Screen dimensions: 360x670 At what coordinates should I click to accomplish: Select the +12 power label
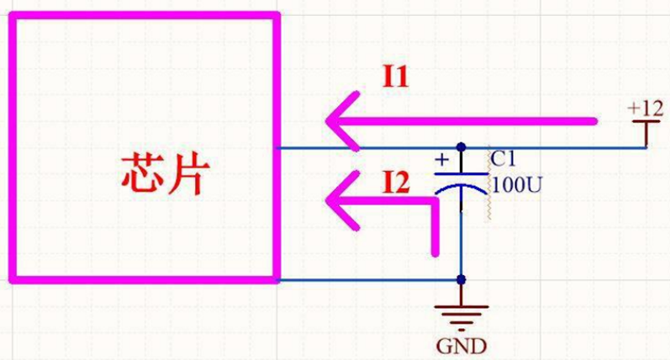pos(646,108)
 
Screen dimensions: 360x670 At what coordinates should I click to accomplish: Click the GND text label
pos(461,346)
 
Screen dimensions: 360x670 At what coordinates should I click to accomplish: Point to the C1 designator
pos(503,157)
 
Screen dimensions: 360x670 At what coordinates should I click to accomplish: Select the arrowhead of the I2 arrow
pos(341,202)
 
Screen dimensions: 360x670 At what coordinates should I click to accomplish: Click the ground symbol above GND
pos(461,316)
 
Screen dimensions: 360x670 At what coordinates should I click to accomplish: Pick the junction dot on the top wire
pos(461,147)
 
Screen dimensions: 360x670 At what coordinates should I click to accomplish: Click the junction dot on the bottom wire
pos(461,279)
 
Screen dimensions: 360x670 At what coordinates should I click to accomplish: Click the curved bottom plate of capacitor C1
pos(462,190)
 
